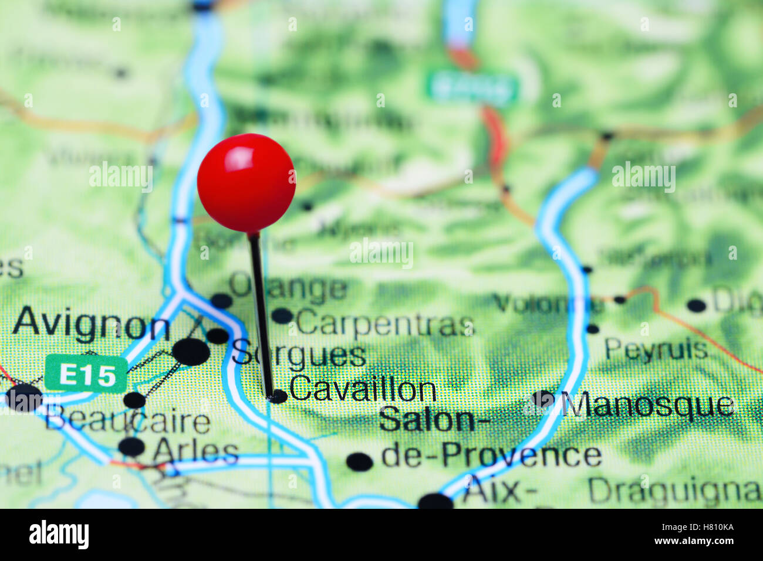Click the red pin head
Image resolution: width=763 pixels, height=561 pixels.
[246, 183]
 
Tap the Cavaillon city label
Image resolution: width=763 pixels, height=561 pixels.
[362, 389]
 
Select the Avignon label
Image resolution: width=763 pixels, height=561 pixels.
[91, 324]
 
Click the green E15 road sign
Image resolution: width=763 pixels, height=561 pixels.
[86, 374]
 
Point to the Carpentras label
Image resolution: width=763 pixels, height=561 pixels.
[385, 323]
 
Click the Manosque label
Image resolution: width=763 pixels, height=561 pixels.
[647, 405]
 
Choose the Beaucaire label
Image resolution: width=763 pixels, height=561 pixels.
[128, 421]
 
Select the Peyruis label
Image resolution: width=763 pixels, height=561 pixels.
[656, 350]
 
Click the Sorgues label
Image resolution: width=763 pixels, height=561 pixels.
[299, 355]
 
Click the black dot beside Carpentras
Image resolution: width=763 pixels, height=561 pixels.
[282, 316]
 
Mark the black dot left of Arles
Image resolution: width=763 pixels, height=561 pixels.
[131, 447]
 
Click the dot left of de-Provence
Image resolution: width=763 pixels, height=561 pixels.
[359, 462]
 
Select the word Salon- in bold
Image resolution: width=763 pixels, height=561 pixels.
[427, 420]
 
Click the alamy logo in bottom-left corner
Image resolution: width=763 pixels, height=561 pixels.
[59, 535]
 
